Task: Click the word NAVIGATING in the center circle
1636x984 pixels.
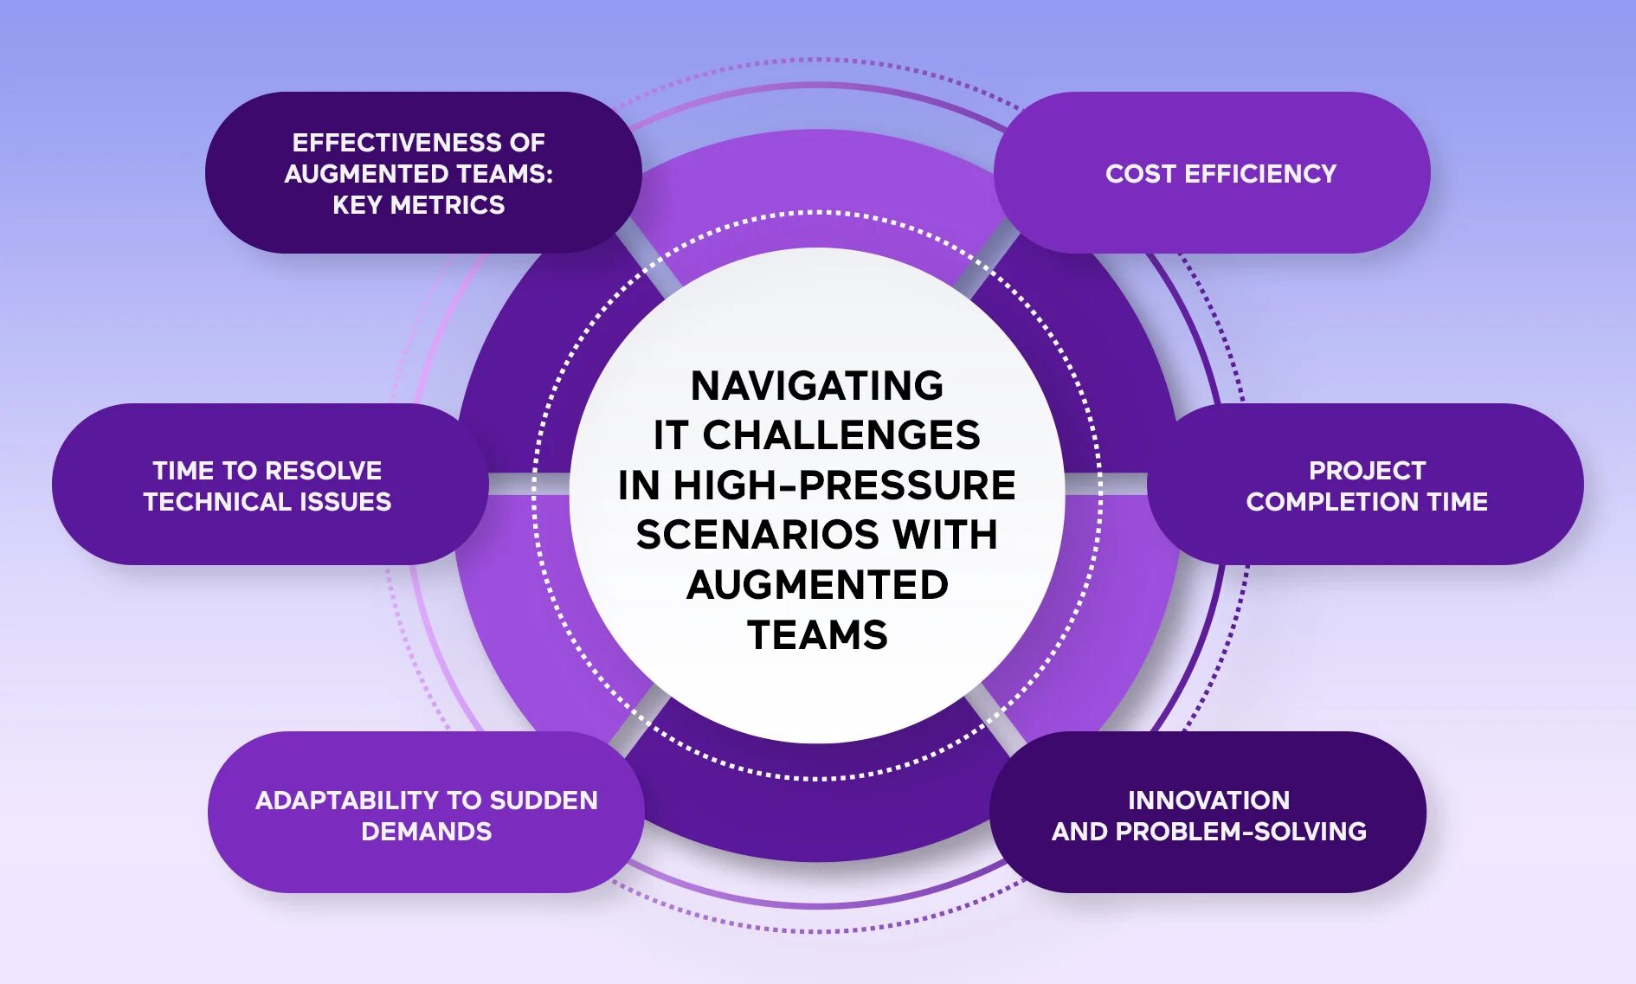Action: pyautogui.click(x=816, y=386)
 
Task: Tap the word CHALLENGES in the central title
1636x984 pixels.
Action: pyautogui.click(x=841, y=435)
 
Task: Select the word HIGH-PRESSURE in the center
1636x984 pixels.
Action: pyautogui.click(x=844, y=486)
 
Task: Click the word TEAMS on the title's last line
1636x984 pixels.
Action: pyautogui.click(x=817, y=635)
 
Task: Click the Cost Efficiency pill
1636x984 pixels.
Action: pyautogui.click(x=1212, y=173)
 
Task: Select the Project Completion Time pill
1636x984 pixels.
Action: pyautogui.click(x=1365, y=485)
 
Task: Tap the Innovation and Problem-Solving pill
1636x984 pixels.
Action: pyautogui.click(x=1208, y=814)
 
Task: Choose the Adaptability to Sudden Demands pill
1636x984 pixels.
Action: pyautogui.click(x=426, y=814)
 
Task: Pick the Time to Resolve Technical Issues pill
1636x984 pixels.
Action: pyautogui.click(x=268, y=485)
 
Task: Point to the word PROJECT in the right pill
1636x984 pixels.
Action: pyautogui.click(x=1367, y=471)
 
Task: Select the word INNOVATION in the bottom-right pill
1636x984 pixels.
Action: pyautogui.click(x=1208, y=801)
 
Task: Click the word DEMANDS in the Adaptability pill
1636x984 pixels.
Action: pyautogui.click(x=426, y=832)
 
